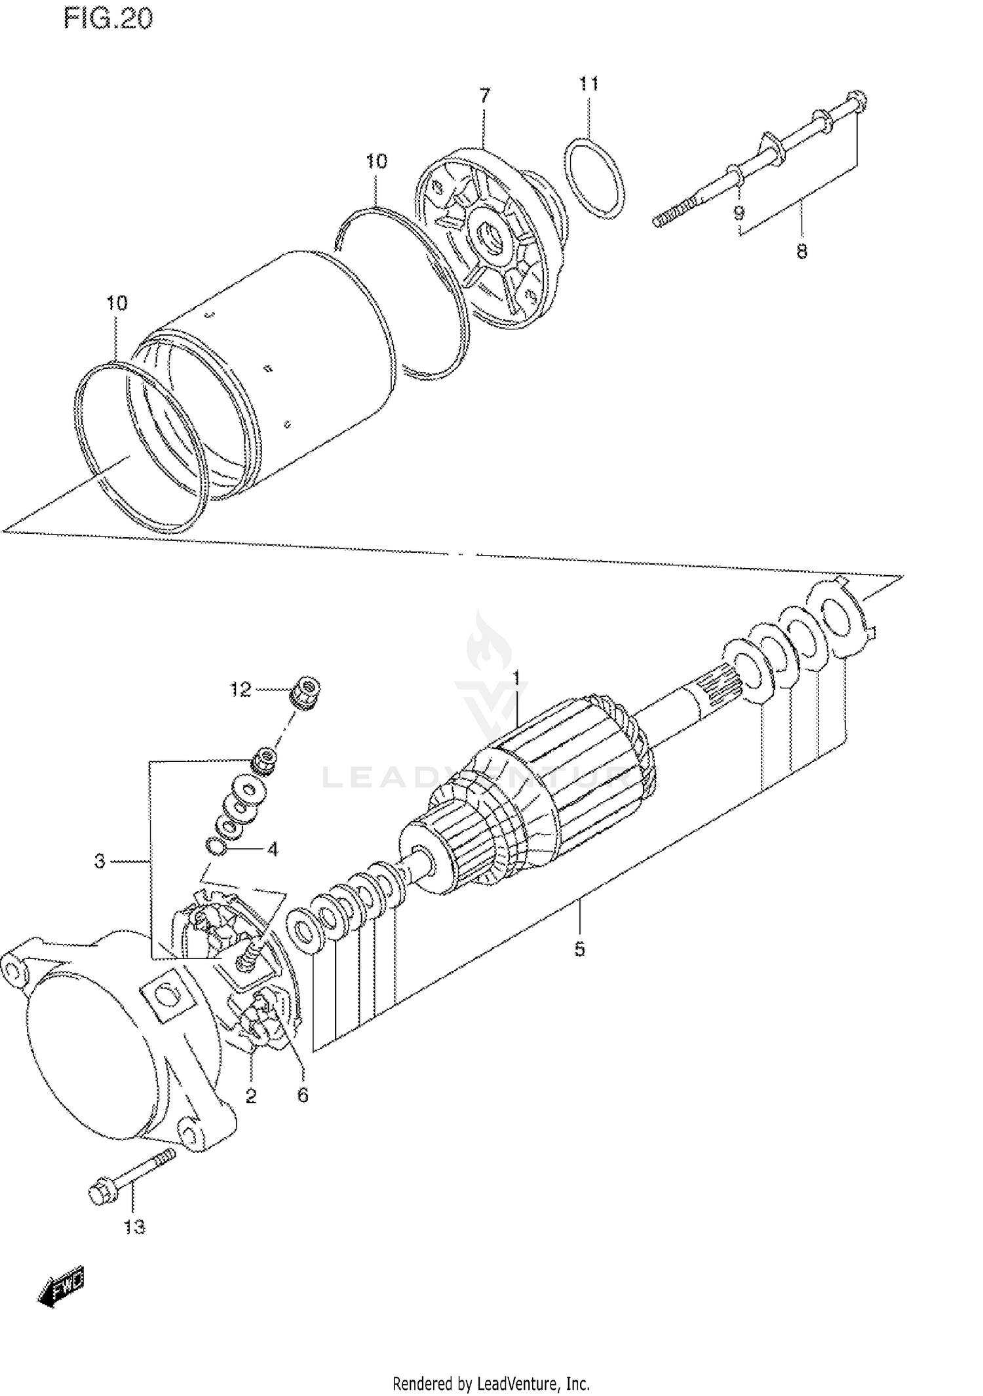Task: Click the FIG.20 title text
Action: (x=107, y=18)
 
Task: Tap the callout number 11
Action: (x=588, y=84)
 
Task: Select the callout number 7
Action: (x=484, y=96)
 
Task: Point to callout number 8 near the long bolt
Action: (x=801, y=251)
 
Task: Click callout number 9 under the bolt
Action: (x=739, y=213)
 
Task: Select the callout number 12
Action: (x=241, y=689)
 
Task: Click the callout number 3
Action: (x=100, y=861)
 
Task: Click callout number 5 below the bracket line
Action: (x=579, y=949)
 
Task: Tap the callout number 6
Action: (x=302, y=1095)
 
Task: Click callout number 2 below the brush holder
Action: (x=251, y=1095)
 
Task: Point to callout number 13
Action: (x=134, y=1227)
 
